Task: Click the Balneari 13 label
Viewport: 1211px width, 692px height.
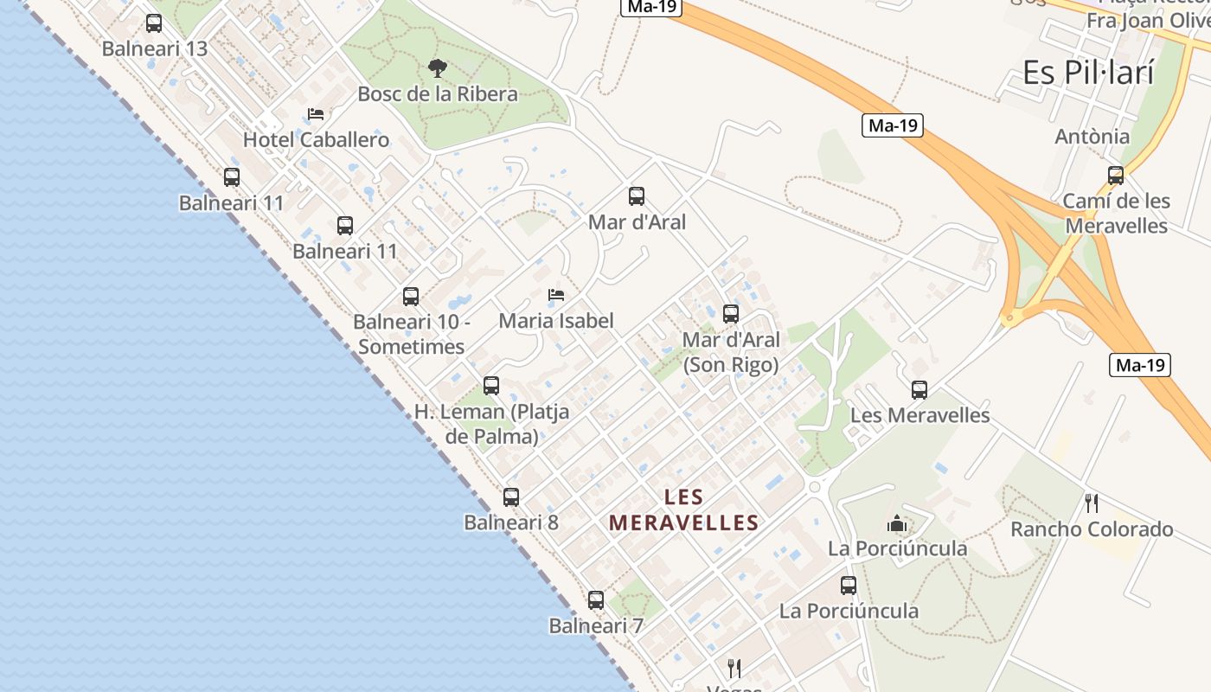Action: pyautogui.click(x=155, y=48)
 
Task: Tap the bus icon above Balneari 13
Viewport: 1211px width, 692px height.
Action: pyautogui.click(x=154, y=23)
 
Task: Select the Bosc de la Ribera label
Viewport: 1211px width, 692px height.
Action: pyautogui.click(x=438, y=93)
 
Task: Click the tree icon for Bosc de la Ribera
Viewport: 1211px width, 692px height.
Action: pyautogui.click(x=438, y=67)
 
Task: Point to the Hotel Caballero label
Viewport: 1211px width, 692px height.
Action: pyautogui.click(x=316, y=139)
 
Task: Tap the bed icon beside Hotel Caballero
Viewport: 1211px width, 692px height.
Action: pyautogui.click(x=316, y=114)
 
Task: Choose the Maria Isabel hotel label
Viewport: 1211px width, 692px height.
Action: pyautogui.click(x=556, y=320)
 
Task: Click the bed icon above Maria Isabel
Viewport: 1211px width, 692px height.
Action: pyautogui.click(x=556, y=295)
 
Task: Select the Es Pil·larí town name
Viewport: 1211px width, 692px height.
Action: pyautogui.click(x=1088, y=73)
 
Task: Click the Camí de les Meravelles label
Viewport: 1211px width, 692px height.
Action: pyautogui.click(x=1116, y=213)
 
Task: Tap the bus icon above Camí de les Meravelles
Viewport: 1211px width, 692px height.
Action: pyautogui.click(x=1116, y=176)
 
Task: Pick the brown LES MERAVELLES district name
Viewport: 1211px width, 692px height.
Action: pyautogui.click(x=683, y=509)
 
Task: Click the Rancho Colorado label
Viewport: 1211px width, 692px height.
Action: pyautogui.click(x=1092, y=529)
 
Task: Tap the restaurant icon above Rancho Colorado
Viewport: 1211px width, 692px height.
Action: pyautogui.click(x=1092, y=503)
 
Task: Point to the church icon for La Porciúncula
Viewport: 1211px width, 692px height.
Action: pyautogui.click(x=897, y=523)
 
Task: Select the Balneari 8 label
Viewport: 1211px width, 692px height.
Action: pyautogui.click(x=511, y=522)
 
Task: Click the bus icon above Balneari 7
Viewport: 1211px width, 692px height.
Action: pyautogui.click(x=596, y=600)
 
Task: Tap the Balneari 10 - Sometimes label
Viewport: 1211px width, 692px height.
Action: pyautogui.click(x=411, y=334)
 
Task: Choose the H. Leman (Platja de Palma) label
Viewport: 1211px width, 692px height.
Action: pyautogui.click(x=491, y=424)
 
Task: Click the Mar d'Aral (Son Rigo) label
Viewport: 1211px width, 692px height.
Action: pyautogui.click(x=731, y=352)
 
